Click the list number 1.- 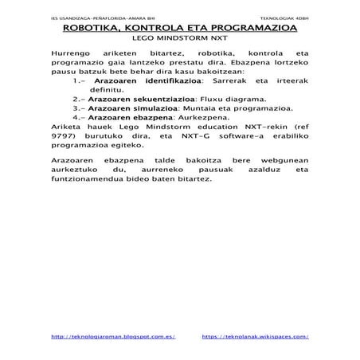pos(79,81)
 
